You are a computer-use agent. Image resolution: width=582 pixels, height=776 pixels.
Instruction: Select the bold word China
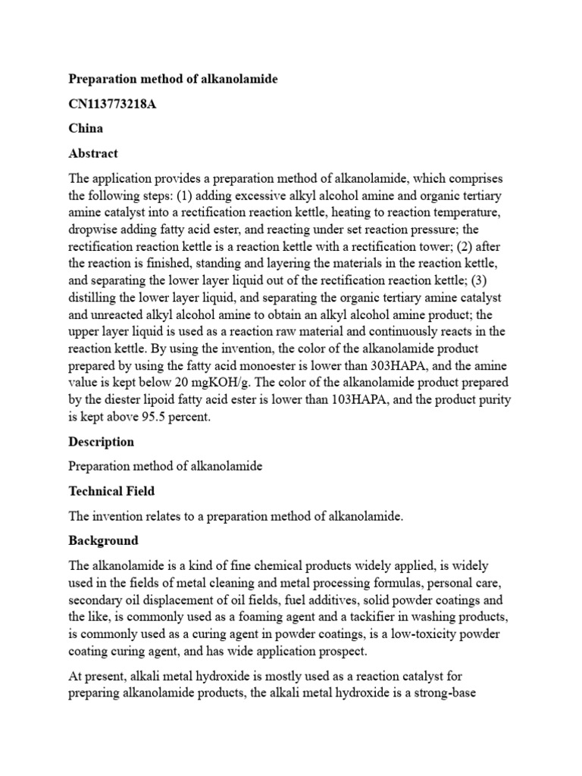tap(86, 128)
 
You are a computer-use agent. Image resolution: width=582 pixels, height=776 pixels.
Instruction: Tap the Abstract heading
tap(93, 153)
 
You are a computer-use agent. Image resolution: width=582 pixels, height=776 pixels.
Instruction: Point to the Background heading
tap(104, 540)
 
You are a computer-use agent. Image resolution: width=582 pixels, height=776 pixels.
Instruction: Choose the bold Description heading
tap(102, 442)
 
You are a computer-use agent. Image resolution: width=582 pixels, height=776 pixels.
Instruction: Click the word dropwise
tap(95, 229)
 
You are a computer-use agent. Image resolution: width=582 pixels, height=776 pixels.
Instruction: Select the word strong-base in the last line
tap(445, 693)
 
